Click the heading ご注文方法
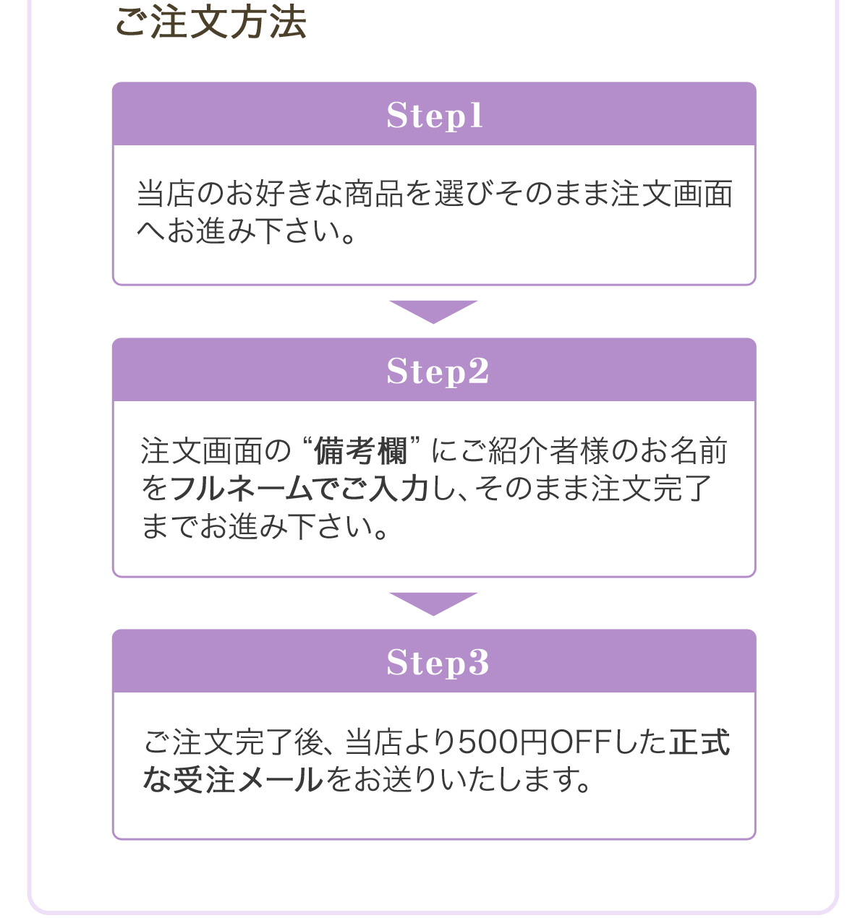tap(210, 22)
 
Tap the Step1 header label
tap(435, 115)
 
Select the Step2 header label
tap(437, 371)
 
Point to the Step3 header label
tap(437, 662)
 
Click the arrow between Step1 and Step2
tap(433, 312)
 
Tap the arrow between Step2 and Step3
tap(433, 604)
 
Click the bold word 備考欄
tap(360, 450)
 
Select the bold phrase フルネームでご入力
tap(299, 488)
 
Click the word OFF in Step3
tap(580, 742)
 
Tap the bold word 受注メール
tap(247, 779)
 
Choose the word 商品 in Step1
tap(374, 193)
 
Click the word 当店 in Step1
tap(166, 193)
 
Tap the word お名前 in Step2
tap(684, 450)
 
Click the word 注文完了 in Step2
tap(652, 488)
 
